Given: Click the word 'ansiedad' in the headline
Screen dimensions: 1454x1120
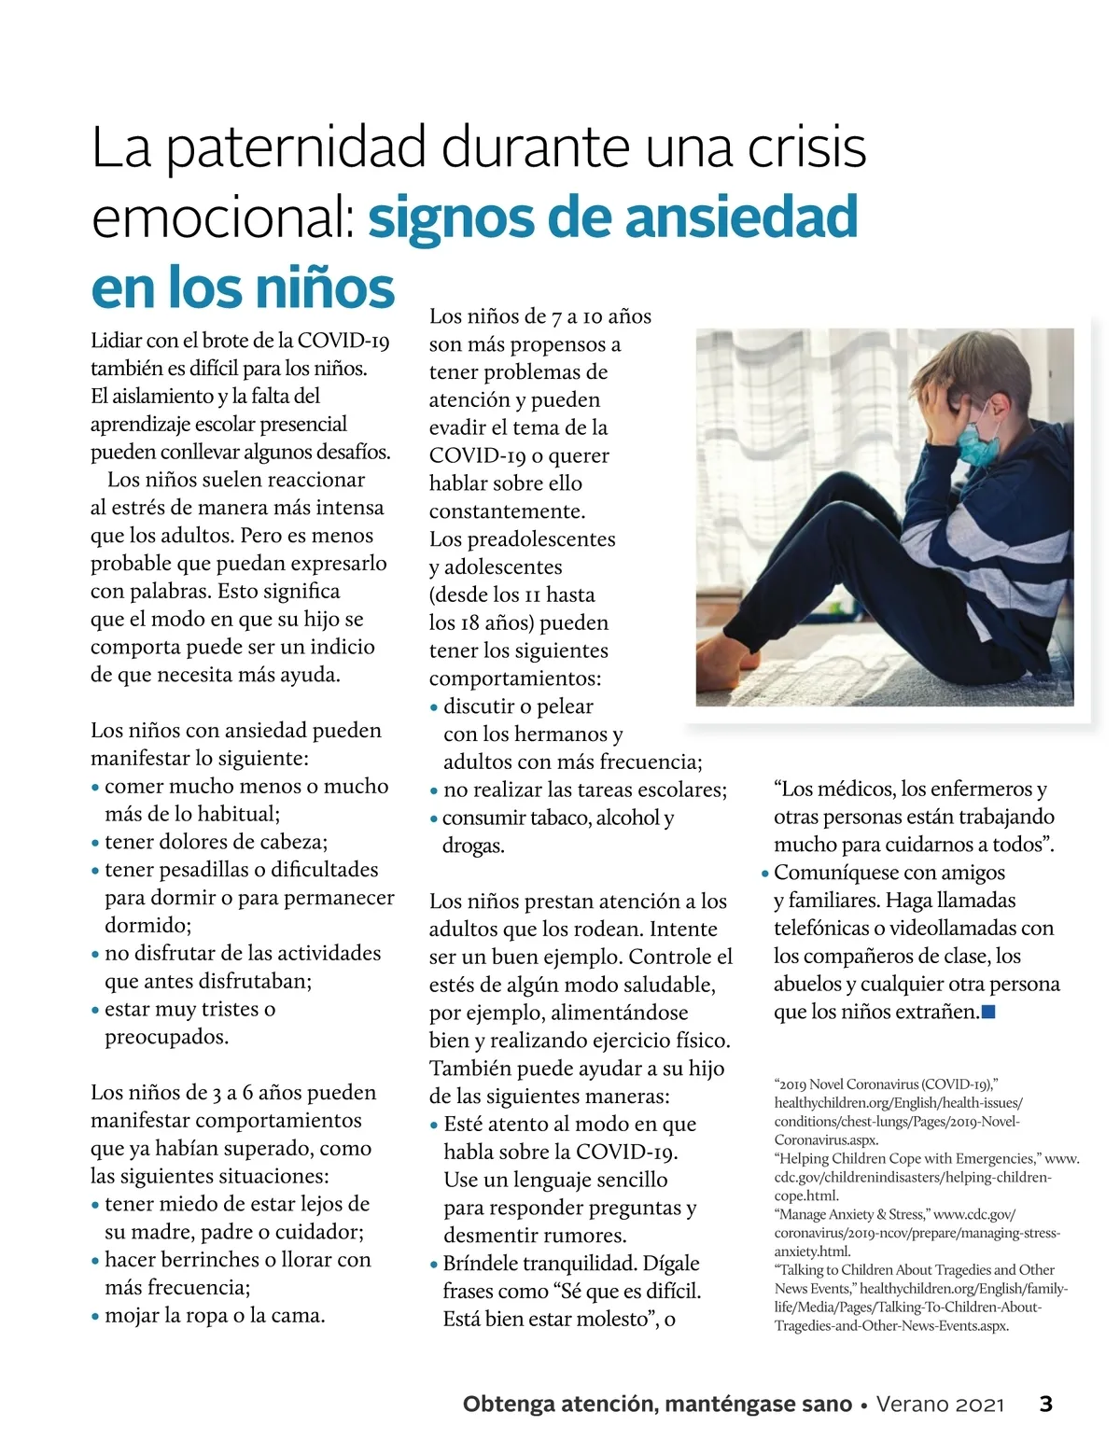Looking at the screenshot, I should (x=741, y=217).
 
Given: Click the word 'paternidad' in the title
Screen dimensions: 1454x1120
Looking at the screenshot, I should (x=297, y=147).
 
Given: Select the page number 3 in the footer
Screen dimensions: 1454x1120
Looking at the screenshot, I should (x=1045, y=1404).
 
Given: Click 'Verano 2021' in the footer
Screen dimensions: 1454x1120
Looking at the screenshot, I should (x=940, y=1405).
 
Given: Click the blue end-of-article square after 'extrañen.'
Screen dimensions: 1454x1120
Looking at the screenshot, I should (x=989, y=1012).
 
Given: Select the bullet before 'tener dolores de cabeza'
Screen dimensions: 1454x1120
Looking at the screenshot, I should (x=95, y=844).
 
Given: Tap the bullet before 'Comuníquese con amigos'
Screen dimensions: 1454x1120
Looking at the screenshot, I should (x=764, y=874).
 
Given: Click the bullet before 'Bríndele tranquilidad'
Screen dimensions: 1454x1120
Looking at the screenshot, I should (x=434, y=1265).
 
